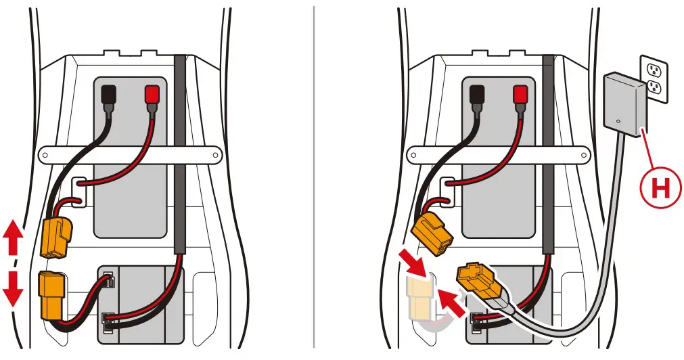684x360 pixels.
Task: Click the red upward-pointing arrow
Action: click(x=12, y=239)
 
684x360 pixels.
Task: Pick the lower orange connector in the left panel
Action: click(x=51, y=294)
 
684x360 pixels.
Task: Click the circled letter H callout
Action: click(x=658, y=189)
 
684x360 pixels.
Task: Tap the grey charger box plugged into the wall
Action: click(x=623, y=106)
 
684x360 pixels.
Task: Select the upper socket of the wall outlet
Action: click(x=654, y=70)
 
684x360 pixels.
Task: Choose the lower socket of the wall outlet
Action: click(x=654, y=87)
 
